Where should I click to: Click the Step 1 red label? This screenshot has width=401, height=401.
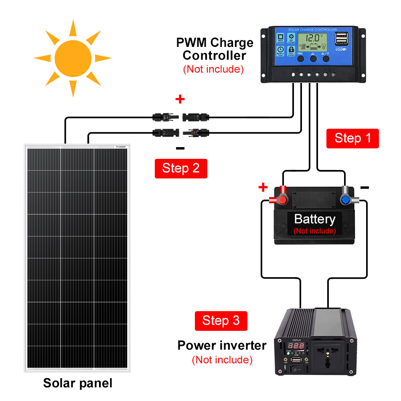(x=352, y=138)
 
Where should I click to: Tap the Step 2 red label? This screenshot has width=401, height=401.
(x=181, y=168)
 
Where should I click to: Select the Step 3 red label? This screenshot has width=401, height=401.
(x=221, y=321)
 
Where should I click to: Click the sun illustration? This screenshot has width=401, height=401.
(x=73, y=58)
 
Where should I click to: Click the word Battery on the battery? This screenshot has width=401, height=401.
(x=314, y=219)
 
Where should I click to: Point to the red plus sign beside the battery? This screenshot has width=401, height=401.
(x=263, y=187)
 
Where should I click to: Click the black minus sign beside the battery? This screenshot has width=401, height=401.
(x=365, y=187)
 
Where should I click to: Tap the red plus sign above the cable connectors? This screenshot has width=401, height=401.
(x=180, y=99)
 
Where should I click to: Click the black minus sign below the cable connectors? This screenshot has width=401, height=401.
(x=180, y=149)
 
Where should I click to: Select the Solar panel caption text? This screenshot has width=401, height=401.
(x=78, y=383)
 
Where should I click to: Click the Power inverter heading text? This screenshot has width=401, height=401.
(x=222, y=345)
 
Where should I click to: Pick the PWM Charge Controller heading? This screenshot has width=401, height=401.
(x=215, y=49)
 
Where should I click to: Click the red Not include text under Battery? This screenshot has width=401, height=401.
(x=314, y=231)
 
